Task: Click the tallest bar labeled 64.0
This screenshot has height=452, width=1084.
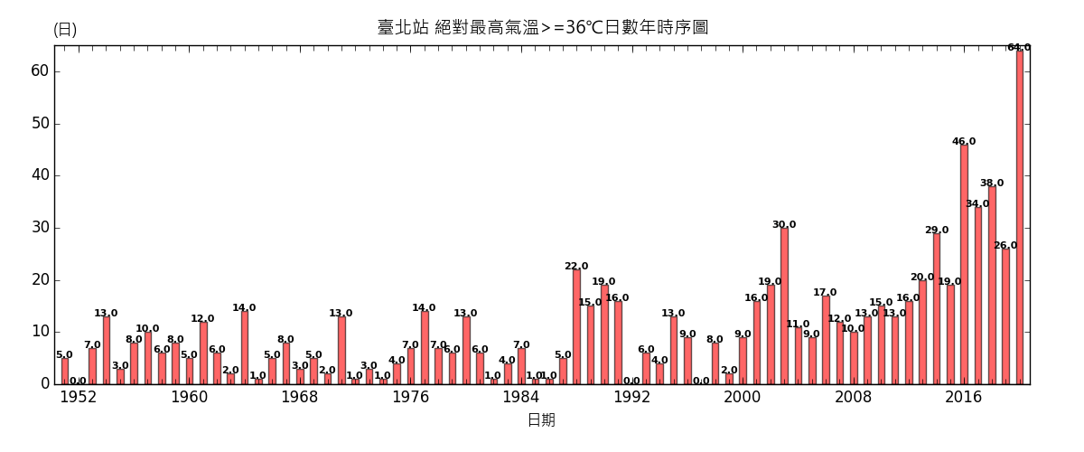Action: click(1020, 217)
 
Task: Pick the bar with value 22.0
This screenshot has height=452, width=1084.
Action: click(576, 326)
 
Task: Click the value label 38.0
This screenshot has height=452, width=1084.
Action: click(992, 184)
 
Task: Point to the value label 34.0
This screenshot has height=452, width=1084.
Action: click(977, 204)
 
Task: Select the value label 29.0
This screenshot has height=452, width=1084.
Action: click(937, 231)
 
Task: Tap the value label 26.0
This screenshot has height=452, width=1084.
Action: click(1005, 246)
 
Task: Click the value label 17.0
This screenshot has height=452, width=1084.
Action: click(825, 293)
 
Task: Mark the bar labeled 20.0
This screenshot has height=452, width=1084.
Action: click(922, 332)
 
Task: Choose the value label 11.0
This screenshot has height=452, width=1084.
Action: click(798, 325)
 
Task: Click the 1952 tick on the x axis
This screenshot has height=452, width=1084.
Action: click(79, 397)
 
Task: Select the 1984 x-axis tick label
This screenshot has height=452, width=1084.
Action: click(521, 397)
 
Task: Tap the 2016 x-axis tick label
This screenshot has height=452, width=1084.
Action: click(964, 397)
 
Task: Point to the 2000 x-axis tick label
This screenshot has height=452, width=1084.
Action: click(743, 397)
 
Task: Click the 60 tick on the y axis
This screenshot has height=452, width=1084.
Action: click(39, 71)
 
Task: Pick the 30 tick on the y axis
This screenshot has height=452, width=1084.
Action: click(39, 228)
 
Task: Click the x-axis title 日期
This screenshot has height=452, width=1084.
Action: click(541, 420)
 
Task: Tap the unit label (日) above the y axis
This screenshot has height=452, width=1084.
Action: click(65, 29)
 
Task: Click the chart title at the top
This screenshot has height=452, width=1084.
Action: click(542, 27)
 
